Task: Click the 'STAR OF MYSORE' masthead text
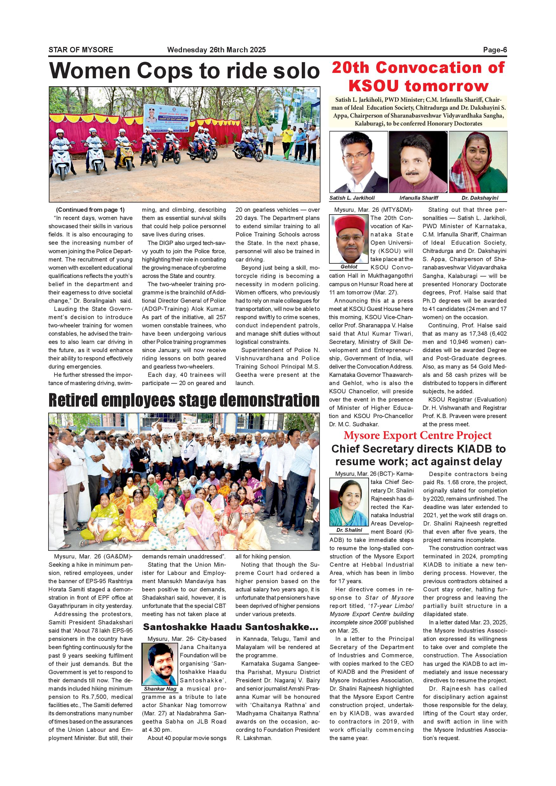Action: [81, 50]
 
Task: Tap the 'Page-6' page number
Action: [495, 50]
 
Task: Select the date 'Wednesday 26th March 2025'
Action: [217, 50]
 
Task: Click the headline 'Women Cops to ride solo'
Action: [184, 71]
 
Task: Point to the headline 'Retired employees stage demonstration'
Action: [184, 400]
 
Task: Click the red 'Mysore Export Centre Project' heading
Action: [418, 435]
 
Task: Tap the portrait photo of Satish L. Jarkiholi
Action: [359, 162]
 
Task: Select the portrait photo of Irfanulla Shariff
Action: [418, 162]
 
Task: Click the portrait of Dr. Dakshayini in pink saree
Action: [478, 162]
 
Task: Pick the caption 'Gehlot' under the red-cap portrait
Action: [349, 266]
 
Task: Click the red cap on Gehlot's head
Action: [348, 224]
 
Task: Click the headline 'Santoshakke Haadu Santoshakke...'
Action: [230, 627]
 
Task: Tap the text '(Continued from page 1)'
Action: [90, 209]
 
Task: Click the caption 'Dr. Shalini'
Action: [349, 530]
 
